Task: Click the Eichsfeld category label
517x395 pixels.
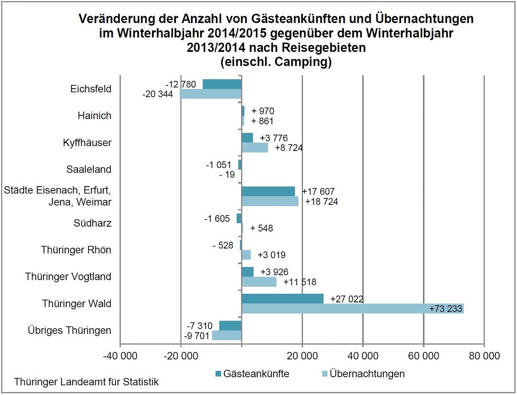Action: click(x=90, y=89)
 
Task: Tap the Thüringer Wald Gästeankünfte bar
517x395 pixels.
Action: click(x=282, y=299)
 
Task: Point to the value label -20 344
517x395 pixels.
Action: click(x=158, y=94)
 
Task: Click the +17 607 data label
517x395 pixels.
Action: click(x=318, y=192)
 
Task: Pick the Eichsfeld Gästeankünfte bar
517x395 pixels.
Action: click(x=222, y=84)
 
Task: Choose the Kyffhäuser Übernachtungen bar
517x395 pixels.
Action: click(x=255, y=148)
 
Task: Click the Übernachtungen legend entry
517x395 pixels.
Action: click(x=367, y=373)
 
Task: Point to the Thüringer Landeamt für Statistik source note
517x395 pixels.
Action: click(x=86, y=382)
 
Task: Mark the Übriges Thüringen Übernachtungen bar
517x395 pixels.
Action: click(x=227, y=336)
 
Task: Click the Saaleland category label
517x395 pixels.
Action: click(x=89, y=169)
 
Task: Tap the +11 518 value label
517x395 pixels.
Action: click(x=300, y=282)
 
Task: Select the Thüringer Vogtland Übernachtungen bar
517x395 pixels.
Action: click(x=259, y=282)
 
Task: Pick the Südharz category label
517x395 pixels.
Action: click(x=92, y=223)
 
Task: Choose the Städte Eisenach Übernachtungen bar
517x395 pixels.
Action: click(x=270, y=201)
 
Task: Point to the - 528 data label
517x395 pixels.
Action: click(x=223, y=245)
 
